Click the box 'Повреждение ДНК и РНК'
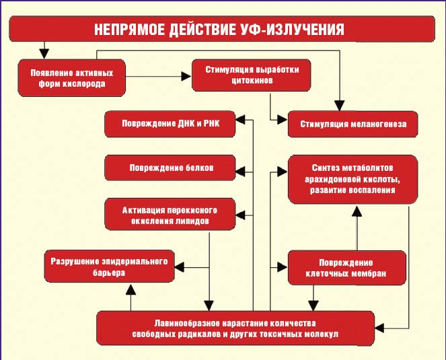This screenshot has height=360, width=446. [x=170, y=123]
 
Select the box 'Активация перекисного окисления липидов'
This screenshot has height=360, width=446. [x=170, y=215]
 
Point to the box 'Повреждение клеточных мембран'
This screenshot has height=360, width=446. [x=347, y=266]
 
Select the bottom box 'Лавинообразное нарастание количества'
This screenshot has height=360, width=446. [x=235, y=328]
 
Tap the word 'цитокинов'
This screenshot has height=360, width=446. [x=251, y=83]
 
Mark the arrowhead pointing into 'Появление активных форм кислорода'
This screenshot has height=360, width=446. [x=44, y=54]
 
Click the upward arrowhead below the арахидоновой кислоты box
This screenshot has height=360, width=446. [x=358, y=209]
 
